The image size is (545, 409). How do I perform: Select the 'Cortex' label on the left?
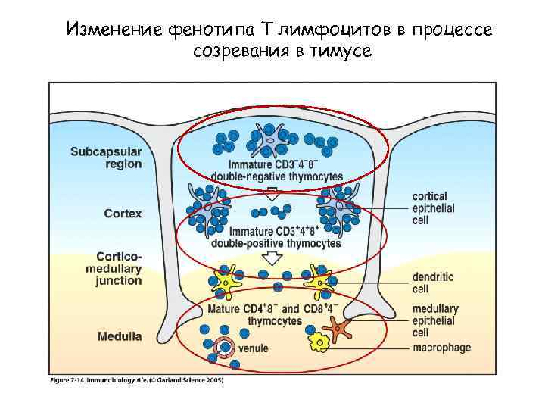pos(123,214)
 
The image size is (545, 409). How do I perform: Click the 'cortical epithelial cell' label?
pos(433,208)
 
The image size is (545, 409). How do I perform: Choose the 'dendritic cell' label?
pos(432,283)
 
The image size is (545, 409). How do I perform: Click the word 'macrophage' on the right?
pos(442,348)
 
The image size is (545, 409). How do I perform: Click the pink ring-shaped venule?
pos(224,348)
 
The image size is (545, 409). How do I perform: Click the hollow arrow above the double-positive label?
pos(275,192)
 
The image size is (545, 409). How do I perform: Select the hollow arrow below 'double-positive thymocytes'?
pos(270,260)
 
